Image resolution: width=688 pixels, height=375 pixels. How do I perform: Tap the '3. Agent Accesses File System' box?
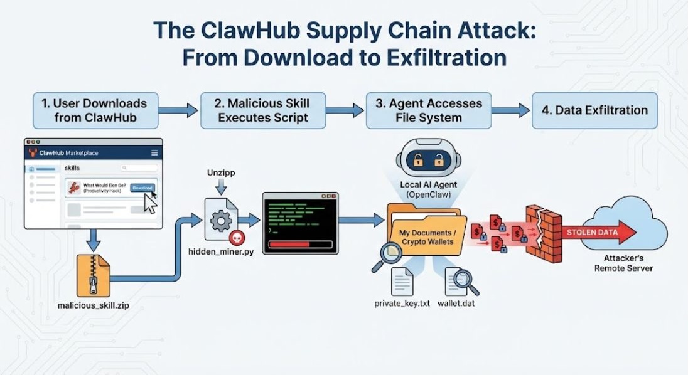coord(429,110)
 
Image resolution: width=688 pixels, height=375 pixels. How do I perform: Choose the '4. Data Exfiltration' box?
coord(594,110)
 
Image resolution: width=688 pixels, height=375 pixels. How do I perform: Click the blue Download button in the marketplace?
coord(142,187)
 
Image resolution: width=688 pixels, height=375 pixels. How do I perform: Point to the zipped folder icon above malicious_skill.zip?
coord(93,275)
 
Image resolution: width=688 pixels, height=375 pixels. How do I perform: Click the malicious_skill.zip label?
coord(93,306)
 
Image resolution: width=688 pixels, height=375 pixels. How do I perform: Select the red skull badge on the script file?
coord(237,236)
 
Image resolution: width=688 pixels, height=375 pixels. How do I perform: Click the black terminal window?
coord(299,223)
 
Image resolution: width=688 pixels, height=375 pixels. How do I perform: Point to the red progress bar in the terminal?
coord(289,244)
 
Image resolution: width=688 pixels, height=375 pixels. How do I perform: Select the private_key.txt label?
coord(402,303)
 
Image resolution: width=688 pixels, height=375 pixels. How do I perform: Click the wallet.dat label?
coord(461,303)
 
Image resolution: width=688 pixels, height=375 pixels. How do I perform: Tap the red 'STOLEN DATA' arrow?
coord(599,233)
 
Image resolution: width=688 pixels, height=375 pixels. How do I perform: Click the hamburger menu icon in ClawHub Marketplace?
coord(154,152)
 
